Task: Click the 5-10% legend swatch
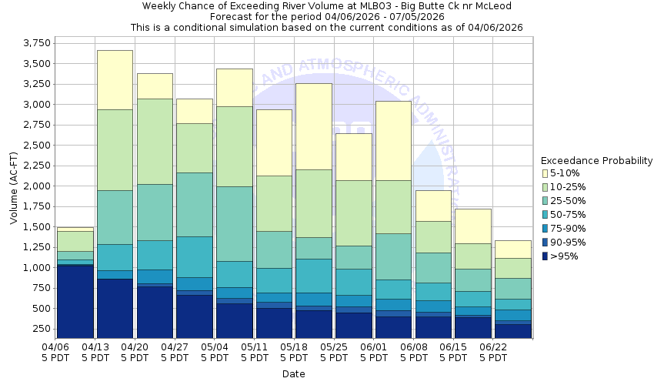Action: (x=546, y=173)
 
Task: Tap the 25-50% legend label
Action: (x=569, y=201)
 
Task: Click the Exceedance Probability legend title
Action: (x=596, y=161)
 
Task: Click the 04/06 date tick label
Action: (x=56, y=348)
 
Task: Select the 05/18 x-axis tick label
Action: (x=295, y=348)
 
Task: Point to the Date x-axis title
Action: (x=293, y=374)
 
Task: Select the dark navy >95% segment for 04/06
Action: (x=75, y=300)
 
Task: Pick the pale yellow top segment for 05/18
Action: (x=313, y=126)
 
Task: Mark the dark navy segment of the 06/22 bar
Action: (x=512, y=330)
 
